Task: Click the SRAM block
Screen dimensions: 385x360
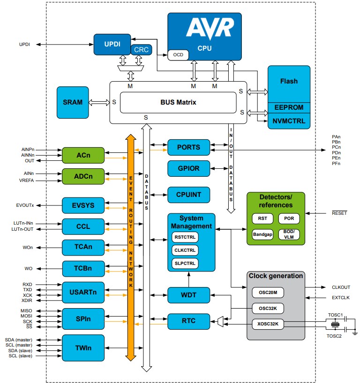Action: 73,102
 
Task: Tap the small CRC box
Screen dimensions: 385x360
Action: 141,50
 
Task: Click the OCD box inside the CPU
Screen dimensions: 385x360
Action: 178,55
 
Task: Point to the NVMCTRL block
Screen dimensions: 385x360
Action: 289,121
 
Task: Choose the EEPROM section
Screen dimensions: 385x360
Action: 289,107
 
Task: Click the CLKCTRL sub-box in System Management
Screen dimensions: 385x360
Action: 185,250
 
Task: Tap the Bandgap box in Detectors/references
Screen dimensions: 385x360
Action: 262,234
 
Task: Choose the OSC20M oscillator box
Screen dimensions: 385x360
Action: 268,293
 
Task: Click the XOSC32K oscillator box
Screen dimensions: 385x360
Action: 268,324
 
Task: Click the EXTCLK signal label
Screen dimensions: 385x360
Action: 340,297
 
